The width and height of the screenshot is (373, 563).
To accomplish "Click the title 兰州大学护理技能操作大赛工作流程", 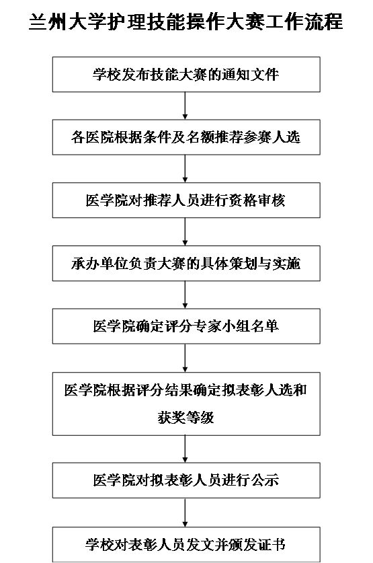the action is pyautogui.click(x=185, y=22).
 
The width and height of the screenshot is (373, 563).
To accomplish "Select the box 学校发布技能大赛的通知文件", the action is pyautogui.click(x=186, y=74).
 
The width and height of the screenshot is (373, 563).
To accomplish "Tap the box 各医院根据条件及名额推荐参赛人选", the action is pyautogui.click(x=186, y=137).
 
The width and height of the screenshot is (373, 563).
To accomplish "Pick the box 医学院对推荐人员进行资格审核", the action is pyautogui.click(x=186, y=200).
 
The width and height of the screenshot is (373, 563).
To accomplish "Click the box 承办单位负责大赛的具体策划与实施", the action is pyautogui.click(x=186, y=263).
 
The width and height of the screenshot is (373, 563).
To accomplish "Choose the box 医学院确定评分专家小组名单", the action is pyautogui.click(x=186, y=326).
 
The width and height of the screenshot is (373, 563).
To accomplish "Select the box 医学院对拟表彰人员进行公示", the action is pyautogui.click(x=186, y=480).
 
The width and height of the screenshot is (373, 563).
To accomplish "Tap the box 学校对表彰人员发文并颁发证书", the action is pyautogui.click(x=186, y=544).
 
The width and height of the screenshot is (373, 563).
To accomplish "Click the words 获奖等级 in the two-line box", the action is pyautogui.click(x=185, y=418).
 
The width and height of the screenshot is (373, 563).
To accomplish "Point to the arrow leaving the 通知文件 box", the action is pyautogui.click(x=185, y=106).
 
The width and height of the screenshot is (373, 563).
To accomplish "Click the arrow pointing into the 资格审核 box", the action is pyautogui.click(x=185, y=169).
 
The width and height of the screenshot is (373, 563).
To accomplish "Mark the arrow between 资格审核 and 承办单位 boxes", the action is pyautogui.click(x=185, y=231).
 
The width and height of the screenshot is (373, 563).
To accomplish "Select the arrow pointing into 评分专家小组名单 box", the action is pyautogui.click(x=185, y=295).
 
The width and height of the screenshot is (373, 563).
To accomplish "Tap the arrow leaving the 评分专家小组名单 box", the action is pyautogui.click(x=185, y=358).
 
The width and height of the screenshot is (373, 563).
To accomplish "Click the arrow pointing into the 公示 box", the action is pyautogui.click(x=185, y=449).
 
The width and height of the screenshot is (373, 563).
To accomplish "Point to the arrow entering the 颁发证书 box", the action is pyautogui.click(x=185, y=513).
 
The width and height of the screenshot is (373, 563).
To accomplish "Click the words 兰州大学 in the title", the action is pyautogui.click(x=68, y=22).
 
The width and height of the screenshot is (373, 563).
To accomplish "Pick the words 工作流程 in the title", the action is pyautogui.click(x=304, y=22).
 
